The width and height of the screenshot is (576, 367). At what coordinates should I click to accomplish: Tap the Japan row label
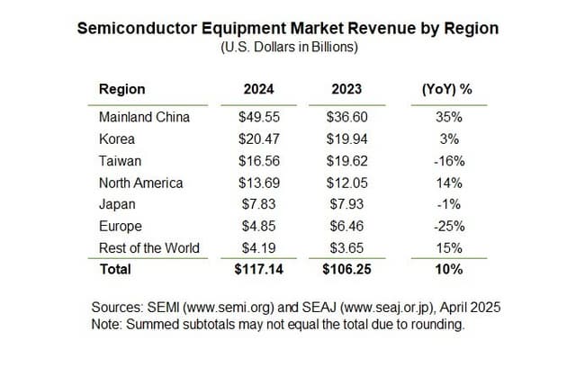pos(117,204)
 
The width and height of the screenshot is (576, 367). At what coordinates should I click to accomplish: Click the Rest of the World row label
pos(148,247)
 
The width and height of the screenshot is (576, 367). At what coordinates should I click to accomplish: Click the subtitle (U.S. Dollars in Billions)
pos(288,46)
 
